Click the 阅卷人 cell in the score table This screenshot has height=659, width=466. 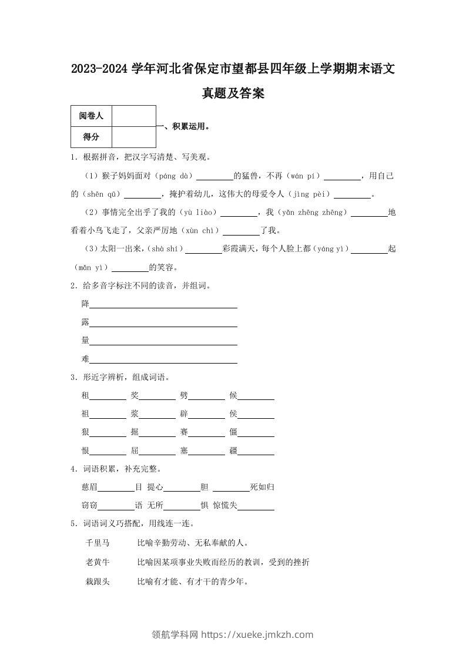(91, 116)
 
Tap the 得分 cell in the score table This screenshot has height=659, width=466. (91, 137)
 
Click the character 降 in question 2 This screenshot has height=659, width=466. (85, 304)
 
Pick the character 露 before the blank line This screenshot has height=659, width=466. (85, 322)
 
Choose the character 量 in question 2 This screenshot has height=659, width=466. (85, 341)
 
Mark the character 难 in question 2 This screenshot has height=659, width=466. (85, 359)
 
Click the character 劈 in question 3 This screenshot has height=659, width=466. (184, 396)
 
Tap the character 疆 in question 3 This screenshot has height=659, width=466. (233, 451)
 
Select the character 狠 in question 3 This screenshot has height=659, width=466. (85, 433)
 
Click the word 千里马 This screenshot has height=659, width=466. (98, 543)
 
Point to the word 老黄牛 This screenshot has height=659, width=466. (98, 562)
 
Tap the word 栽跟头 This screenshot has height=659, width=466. (98, 581)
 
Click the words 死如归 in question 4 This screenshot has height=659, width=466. (262, 487)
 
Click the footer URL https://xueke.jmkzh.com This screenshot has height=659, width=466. (257, 634)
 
